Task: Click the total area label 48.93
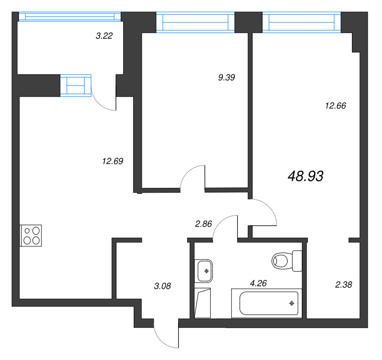click(x=306, y=176)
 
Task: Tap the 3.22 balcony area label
click(x=104, y=35)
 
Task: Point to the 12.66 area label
click(x=335, y=106)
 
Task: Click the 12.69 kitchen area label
click(x=113, y=161)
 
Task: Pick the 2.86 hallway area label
click(x=204, y=223)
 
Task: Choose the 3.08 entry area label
click(x=162, y=286)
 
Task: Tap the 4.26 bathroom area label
click(x=258, y=283)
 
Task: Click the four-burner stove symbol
click(x=31, y=235)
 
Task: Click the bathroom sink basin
click(x=205, y=271)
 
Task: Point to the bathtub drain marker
click(x=291, y=303)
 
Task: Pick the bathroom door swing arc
click(x=224, y=227)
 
